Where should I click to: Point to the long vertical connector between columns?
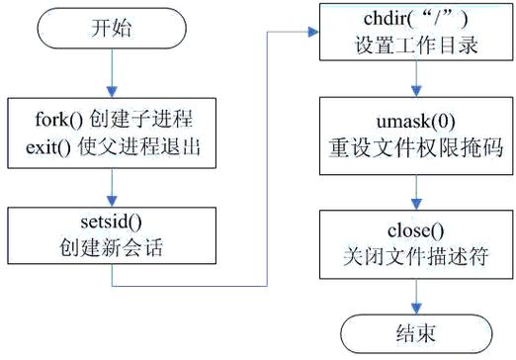pos(270,158)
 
